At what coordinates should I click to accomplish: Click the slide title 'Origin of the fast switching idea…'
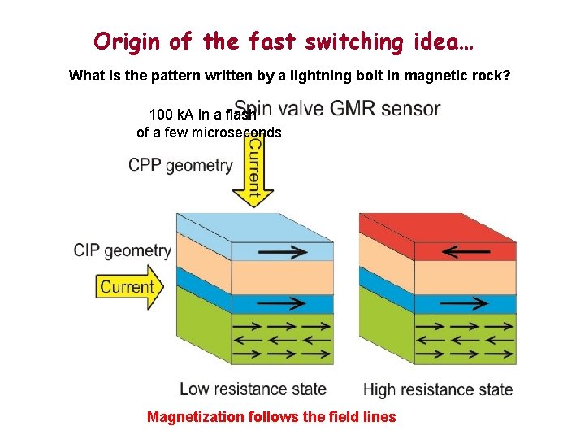click(284, 41)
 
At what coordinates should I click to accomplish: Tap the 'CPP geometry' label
click(180, 166)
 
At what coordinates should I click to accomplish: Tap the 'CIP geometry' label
click(123, 250)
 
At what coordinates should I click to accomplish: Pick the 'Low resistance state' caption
click(253, 389)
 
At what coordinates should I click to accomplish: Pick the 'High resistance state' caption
click(437, 389)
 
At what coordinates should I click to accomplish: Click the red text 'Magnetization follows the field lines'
click(271, 417)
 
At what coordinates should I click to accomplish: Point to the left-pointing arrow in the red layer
click(466, 252)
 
